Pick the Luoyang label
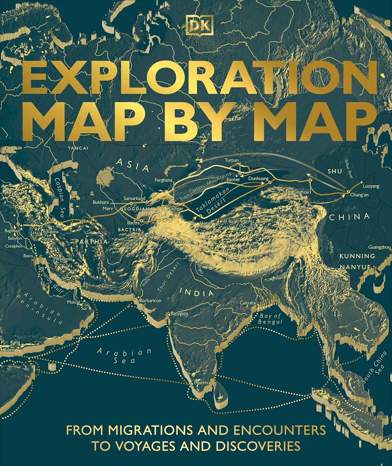[371, 186]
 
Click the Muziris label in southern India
[201, 383]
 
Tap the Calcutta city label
[248, 303]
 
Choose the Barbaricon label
[151, 301]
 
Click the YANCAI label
[78, 148]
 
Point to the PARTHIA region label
[91, 241]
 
